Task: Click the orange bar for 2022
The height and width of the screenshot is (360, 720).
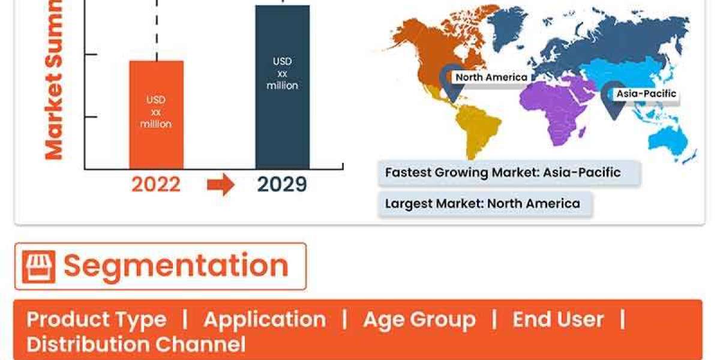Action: [156, 114]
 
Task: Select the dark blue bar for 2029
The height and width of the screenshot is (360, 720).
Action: [282, 87]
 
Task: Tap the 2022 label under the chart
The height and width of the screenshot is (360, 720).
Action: [156, 185]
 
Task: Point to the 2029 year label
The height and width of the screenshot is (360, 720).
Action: [282, 185]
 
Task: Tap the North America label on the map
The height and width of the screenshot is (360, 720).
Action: [491, 77]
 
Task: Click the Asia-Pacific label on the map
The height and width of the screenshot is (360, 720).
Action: [646, 94]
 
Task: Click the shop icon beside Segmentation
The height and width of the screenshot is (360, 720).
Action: [38, 266]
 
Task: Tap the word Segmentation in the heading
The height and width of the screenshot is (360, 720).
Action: [176, 266]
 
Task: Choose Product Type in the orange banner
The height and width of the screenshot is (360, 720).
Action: [96, 319]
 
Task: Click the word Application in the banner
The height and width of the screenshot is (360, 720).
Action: [265, 319]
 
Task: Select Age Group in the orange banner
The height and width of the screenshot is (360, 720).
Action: [419, 319]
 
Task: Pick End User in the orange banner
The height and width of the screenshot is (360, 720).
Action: [557, 319]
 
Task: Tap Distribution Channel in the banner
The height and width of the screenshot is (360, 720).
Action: [136, 344]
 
